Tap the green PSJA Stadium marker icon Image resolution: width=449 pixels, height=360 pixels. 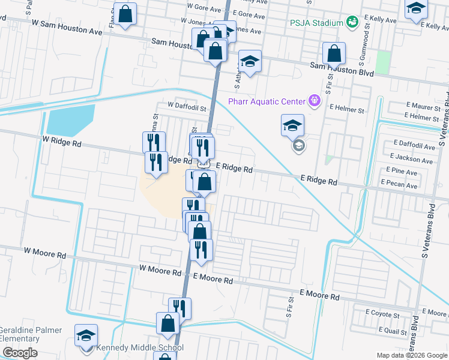[x=352, y=23]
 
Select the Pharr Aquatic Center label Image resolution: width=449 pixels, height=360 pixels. [x=267, y=101]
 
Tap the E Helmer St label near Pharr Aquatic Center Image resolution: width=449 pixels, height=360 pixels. [x=347, y=110]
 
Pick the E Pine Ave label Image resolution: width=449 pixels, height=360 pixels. [x=402, y=172]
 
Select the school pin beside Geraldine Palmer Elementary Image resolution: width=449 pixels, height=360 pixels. [x=86, y=335]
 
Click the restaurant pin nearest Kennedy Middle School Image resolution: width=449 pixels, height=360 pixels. [x=179, y=308]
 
